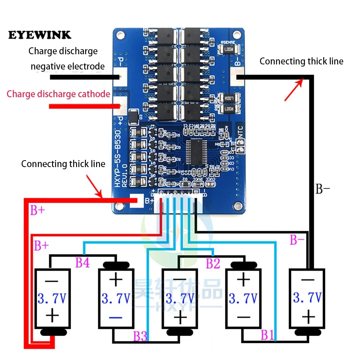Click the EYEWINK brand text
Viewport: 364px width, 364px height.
coord(40,35)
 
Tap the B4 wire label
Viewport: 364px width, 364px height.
coord(82,263)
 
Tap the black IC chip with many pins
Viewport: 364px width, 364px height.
coord(196,152)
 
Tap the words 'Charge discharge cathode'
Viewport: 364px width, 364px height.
coord(58,94)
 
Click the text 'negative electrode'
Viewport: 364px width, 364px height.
coord(68,67)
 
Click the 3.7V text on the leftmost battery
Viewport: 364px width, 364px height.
coord(52,299)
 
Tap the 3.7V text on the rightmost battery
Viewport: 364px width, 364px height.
coord(307,298)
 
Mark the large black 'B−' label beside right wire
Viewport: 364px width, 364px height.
coord(323,189)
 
